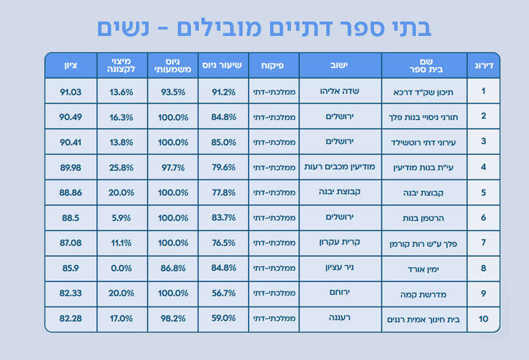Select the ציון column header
tap(70, 65)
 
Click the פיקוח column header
tap(274, 65)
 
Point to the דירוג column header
tap(483, 65)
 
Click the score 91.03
tap(70, 92)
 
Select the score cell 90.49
tap(70, 118)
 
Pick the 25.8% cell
tap(122, 168)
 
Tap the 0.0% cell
tap(122, 269)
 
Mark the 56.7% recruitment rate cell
tap(224, 294)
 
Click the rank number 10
tap(483, 319)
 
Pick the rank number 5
tap(483, 193)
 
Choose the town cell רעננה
tap(340, 318)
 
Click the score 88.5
tap(70, 218)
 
